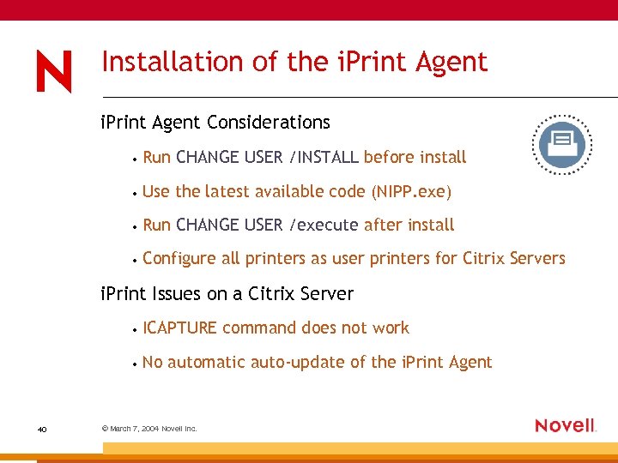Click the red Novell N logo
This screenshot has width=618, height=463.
[x=53, y=71]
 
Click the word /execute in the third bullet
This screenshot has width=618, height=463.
[x=324, y=225]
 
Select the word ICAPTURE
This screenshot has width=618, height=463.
[x=179, y=328]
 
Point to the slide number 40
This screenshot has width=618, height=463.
[x=42, y=429]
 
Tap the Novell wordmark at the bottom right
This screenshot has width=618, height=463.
[x=565, y=425]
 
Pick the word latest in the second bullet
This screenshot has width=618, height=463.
[x=225, y=191]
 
